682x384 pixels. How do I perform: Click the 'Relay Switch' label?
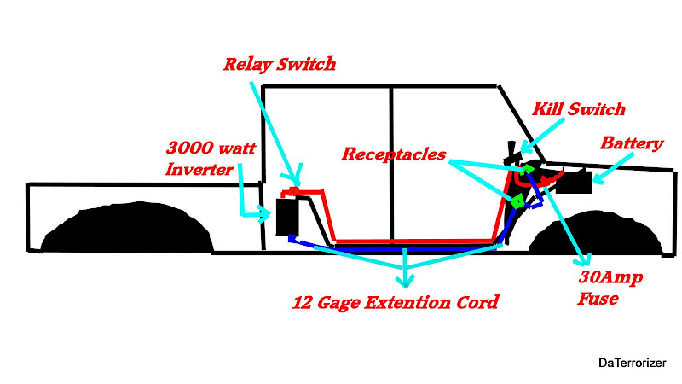pyautogui.click(x=279, y=64)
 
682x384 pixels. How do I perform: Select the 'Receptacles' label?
pyautogui.click(x=393, y=154)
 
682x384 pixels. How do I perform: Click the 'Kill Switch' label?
pyautogui.click(x=579, y=109)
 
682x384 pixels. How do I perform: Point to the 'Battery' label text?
pyautogui.click(x=632, y=143)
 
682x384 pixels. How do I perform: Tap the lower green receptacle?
pyautogui.click(x=516, y=201)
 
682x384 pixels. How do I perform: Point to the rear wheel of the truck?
pyautogui.click(x=126, y=230)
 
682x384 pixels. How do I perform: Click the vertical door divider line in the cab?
pyautogui.click(x=391, y=162)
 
